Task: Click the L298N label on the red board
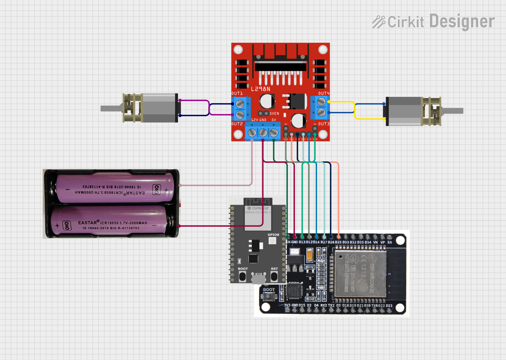260,89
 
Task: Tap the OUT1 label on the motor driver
237,94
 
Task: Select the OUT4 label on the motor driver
323,94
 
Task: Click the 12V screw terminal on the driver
252,133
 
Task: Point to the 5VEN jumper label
274,114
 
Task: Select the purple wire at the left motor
194,100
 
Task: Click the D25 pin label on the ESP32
338,242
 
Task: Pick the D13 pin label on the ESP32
302,242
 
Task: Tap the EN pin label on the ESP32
390,242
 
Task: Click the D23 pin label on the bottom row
389,306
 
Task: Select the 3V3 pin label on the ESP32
287,305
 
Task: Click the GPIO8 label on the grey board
273,235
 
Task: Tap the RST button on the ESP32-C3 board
274,277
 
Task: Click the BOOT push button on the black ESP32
268,297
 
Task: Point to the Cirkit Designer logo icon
379,22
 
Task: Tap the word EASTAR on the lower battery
87,223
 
